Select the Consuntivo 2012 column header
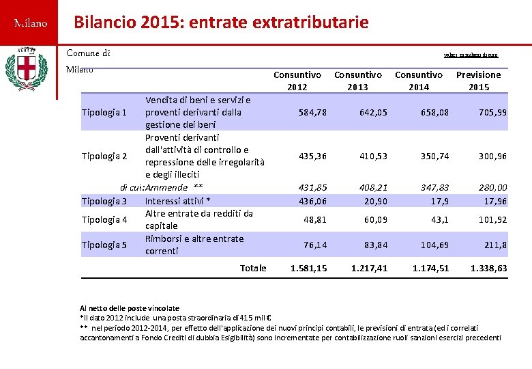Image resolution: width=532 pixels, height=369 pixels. click(297, 81)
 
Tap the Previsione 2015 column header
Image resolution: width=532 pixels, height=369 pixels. click(478, 81)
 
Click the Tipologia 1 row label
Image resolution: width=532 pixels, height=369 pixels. click(104, 112)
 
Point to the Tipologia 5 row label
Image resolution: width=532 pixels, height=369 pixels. click(104, 245)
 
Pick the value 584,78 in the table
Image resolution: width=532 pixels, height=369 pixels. click(312, 112)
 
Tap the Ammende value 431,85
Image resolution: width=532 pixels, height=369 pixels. click(312, 187)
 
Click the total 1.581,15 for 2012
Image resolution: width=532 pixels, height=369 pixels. click(308, 269)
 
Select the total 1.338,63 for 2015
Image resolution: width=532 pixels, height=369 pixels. click(488, 269)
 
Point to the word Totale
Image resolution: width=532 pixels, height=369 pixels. click(253, 269)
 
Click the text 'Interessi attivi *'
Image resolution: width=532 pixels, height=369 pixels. click(177, 201)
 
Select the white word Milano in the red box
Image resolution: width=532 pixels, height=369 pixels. click(31, 24)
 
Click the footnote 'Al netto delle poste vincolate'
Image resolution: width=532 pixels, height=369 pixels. click(130, 308)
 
